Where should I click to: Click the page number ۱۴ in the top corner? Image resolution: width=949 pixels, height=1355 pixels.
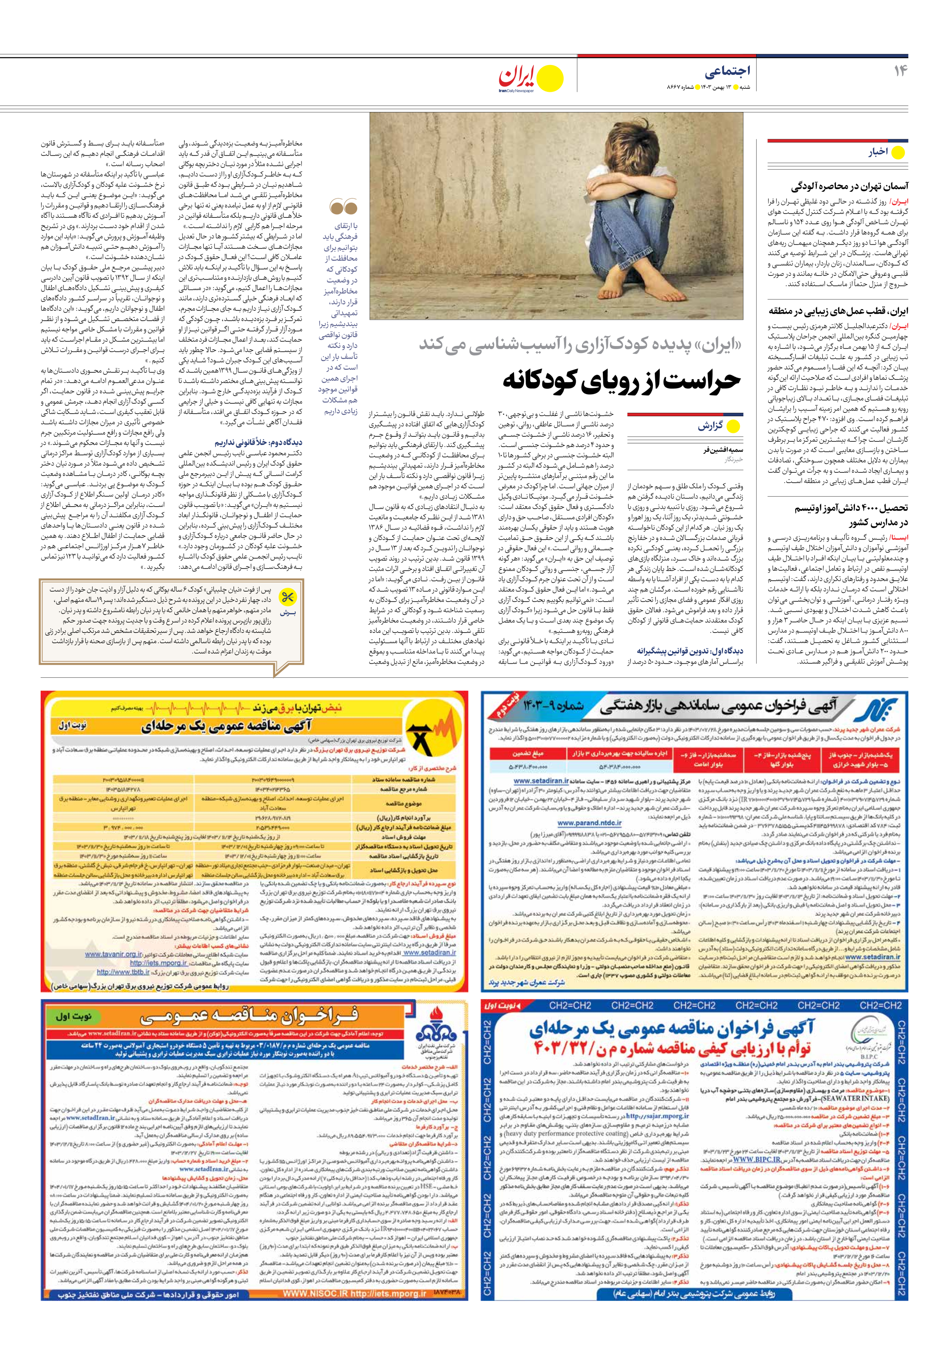(899, 71)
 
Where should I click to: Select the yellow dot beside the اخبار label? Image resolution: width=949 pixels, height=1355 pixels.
(898, 152)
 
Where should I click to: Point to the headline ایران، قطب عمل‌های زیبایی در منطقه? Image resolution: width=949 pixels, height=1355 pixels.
(838, 311)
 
